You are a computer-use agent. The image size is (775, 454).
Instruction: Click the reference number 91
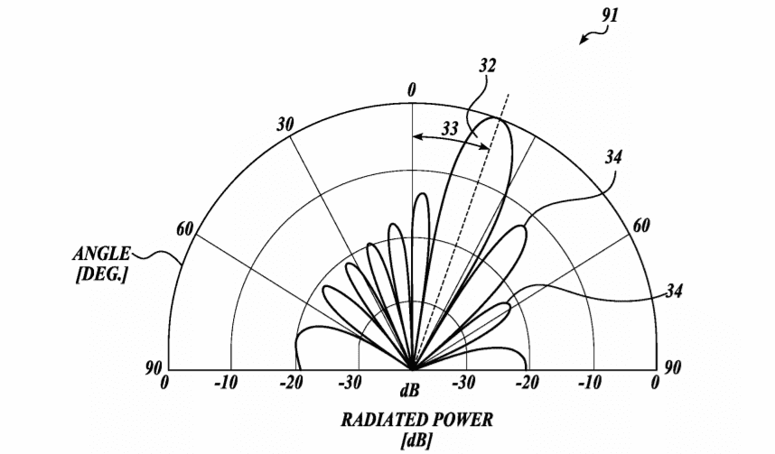[x=610, y=15]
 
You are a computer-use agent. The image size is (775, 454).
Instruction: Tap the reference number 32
[x=487, y=66]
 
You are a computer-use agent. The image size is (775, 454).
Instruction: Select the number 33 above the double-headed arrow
[x=450, y=129]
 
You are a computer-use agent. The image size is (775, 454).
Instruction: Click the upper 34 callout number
[x=613, y=157]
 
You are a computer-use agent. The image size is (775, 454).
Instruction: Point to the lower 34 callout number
[x=674, y=291]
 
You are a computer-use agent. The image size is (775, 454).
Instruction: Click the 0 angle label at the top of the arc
[x=412, y=90]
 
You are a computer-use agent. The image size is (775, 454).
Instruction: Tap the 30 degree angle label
[x=285, y=125]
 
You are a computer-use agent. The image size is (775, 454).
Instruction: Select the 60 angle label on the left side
[x=185, y=229]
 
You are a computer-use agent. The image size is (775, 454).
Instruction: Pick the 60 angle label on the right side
[x=641, y=226]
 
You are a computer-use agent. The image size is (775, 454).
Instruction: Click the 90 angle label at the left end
[x=154, y=368]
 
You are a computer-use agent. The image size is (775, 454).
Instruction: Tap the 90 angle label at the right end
[x=672, y=367]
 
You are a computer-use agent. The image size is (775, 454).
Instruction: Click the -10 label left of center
[x=226, y=383]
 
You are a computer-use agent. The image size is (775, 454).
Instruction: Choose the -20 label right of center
[x=527, y=383]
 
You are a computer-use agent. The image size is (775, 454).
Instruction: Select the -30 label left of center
[x=350, y=383]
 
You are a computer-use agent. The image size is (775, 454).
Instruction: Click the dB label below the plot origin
[x=410, y=390]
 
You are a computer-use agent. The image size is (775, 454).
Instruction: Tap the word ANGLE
[x=102, y=254]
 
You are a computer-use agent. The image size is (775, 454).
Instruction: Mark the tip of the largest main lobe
[x=496, y=117]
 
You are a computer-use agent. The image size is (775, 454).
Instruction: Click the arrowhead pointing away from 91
[x=584, y=40]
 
